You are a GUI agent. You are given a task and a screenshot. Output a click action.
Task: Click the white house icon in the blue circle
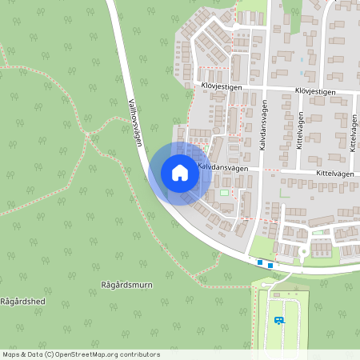tap(180, 173)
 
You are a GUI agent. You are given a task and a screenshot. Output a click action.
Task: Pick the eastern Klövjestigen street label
tap(314, 92)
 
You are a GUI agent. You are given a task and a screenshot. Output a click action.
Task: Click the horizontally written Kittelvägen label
tap(318, 171)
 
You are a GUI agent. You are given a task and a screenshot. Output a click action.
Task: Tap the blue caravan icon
tap(278, 320)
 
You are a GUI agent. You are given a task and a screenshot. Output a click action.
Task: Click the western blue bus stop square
tap(260, 262)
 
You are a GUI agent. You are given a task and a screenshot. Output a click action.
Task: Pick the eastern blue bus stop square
tap(270, 265)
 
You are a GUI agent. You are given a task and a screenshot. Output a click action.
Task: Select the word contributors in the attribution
tap(141, 354)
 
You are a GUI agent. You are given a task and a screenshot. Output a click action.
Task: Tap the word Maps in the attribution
tap(10, 354)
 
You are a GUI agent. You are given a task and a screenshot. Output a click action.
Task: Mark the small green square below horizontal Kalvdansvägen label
tap(223, 192)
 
